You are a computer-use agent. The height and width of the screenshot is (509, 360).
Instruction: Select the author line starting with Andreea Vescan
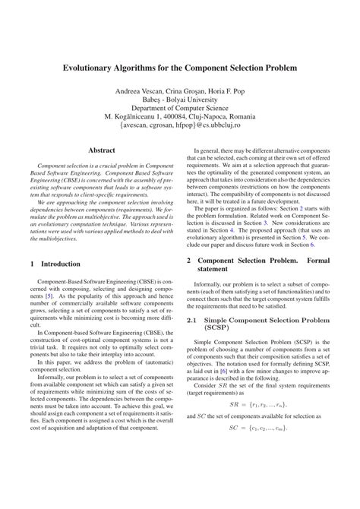[180, 91]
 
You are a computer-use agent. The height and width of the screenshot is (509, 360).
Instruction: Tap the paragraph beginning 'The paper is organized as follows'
[261, 228]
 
